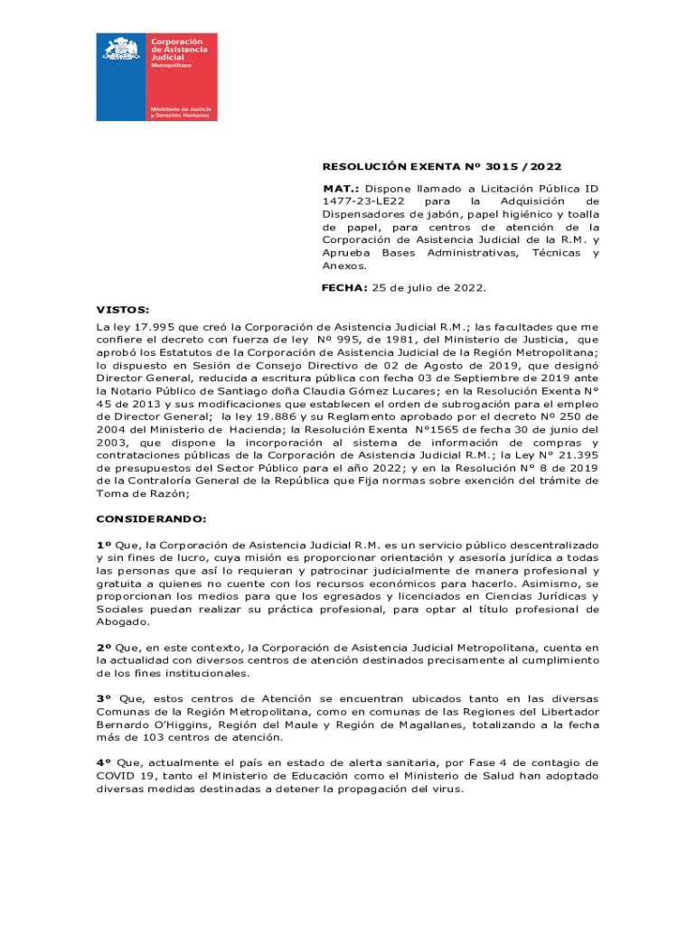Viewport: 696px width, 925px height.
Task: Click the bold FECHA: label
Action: click(x=343, y=287)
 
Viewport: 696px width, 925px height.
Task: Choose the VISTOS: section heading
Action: click(x=123, y=309)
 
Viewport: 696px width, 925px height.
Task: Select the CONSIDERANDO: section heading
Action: click(x=151, y=519)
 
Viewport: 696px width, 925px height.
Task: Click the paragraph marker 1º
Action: click(x=103, y=545)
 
